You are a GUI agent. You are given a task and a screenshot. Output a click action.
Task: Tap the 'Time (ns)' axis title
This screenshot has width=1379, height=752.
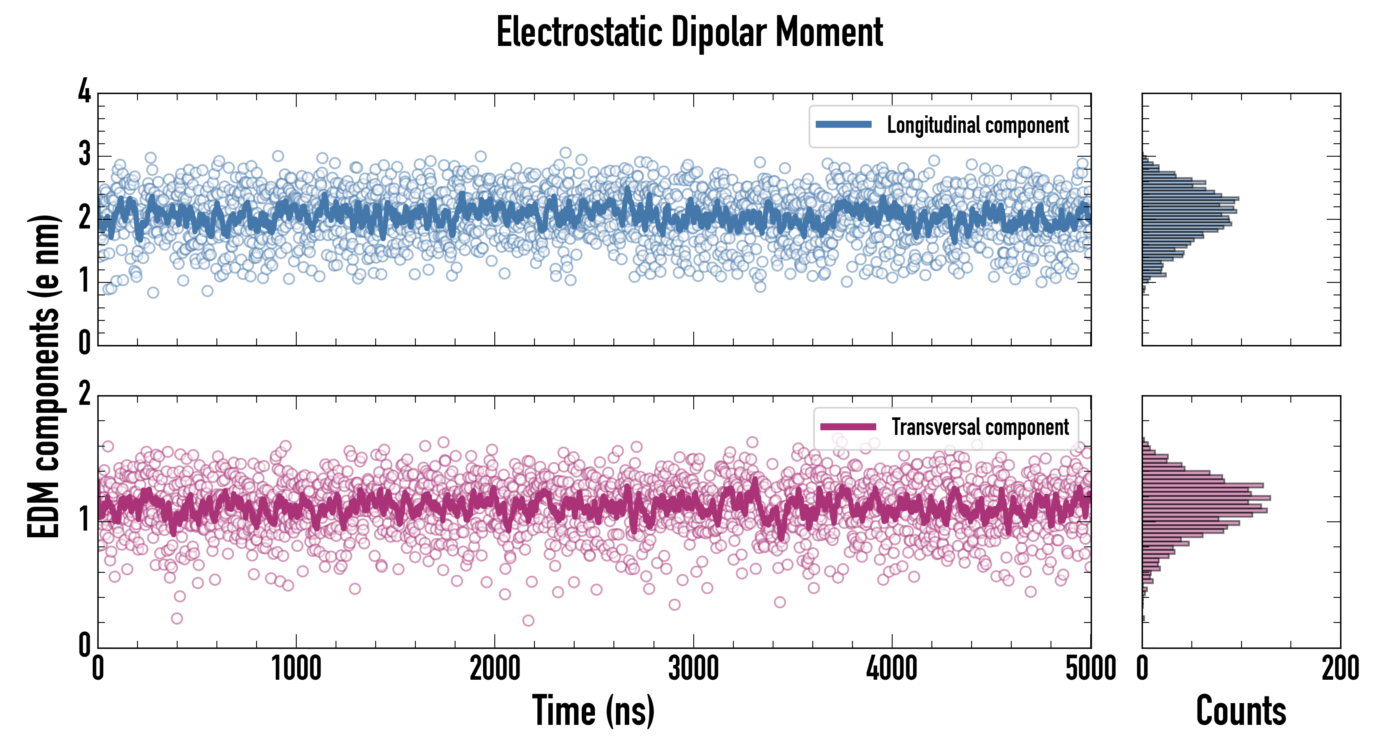point(593,711)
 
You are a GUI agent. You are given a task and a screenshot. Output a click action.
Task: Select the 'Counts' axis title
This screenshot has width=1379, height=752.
point(1241,711)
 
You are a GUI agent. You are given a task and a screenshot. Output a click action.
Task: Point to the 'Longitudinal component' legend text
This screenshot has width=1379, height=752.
point(977,125)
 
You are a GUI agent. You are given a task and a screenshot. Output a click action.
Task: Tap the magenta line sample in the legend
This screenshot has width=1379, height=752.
point(848,427)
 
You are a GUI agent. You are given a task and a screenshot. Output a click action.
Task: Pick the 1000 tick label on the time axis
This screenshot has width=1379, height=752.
point(296,669)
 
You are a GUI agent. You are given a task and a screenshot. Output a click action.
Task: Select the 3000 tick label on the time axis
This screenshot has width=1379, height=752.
point(693,669)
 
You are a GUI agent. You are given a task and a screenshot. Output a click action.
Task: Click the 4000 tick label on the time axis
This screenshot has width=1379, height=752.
point(892,669)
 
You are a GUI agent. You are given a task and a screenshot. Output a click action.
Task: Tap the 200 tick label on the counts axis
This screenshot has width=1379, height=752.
point(1340,669)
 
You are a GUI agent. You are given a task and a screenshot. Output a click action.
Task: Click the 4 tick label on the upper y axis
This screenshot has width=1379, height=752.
point(84,91)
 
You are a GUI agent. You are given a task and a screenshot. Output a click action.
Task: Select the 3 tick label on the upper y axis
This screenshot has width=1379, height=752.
point(84,154)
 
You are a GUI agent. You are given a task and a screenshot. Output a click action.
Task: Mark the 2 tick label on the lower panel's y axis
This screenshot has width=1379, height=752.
point(84,394)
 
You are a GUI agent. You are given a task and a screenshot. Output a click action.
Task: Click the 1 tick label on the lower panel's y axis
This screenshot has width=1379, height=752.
point(84,519)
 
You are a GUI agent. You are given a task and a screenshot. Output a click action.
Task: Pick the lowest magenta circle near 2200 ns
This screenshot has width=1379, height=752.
point(528,620)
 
